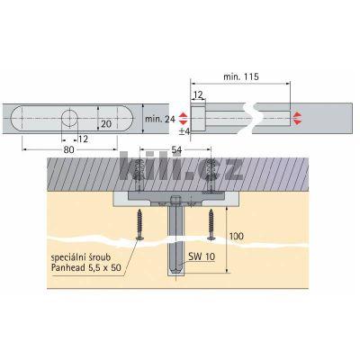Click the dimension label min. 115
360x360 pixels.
coord(241,76)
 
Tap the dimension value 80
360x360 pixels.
coord(68,149)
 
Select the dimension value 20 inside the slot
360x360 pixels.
coord(106,123)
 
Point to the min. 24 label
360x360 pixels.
coord(160,119)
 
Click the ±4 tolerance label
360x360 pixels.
coord(184,131)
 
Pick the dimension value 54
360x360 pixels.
coord(176,149)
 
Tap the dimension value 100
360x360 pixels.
coord(237,237)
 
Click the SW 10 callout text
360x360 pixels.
coord(202,256)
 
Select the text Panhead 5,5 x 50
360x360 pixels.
coord(86,267)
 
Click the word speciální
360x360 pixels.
coord(67,258)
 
